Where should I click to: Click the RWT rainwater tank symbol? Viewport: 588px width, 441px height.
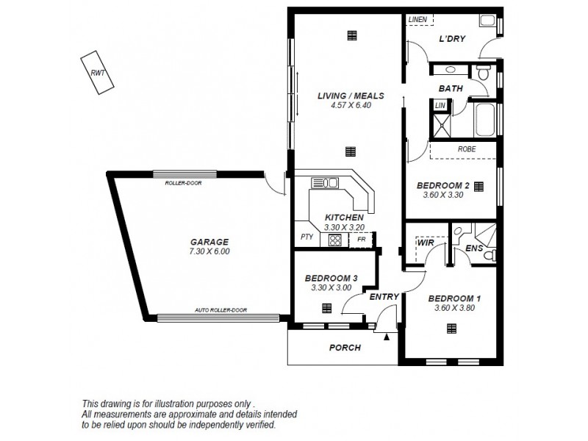[97, 72]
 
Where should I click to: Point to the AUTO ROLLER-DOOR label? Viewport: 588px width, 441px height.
[218, 311]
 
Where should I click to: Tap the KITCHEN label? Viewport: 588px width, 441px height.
[344, 218]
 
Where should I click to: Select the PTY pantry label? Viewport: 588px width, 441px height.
[306, 237]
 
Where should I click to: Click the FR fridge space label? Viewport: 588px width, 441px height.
[361, 240]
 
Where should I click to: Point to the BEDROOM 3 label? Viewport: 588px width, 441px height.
[331, 278]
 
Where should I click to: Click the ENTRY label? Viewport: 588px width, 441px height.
[384, 297]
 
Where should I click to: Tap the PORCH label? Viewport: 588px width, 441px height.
[344, 348]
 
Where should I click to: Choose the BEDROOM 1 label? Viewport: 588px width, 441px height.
[453, 298]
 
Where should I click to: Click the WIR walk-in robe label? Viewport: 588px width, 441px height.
[424, 241]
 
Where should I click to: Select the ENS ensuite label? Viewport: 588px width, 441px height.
[474, 249]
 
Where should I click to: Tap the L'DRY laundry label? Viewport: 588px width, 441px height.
[452, 40]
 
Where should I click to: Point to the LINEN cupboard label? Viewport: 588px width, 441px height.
[418, 19]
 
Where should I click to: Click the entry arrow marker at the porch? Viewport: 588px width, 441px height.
[386, 337]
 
